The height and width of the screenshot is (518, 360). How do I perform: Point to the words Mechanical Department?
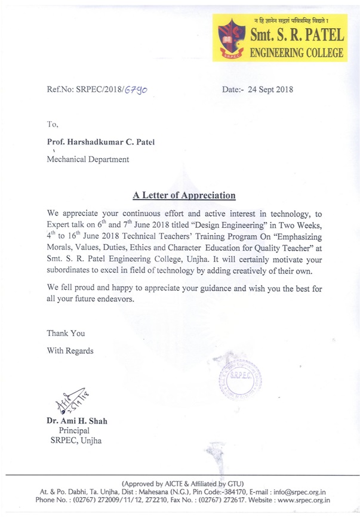(x=88, y=159)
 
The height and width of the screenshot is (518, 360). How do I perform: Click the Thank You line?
(x=66, y=333)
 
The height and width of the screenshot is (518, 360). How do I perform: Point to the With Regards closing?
(x=70, y=350)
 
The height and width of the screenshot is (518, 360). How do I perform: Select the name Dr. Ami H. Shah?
(x=77, y=421)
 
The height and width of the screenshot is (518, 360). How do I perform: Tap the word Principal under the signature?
(x=74, y=430)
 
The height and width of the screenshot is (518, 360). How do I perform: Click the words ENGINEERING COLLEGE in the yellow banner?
(x=296, y=53)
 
